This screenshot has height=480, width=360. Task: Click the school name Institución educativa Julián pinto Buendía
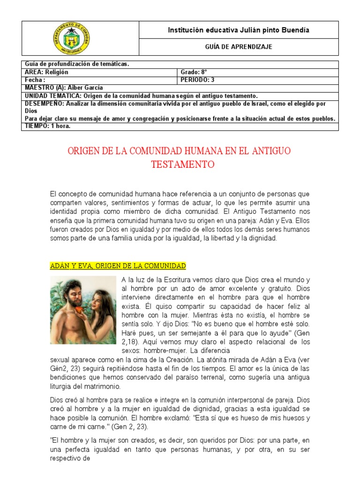pos(239,30)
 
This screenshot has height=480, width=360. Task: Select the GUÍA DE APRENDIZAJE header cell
pos(239,47)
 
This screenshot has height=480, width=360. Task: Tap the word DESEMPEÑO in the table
pos(42,103)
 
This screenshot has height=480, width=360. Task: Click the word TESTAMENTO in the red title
pos(182,165)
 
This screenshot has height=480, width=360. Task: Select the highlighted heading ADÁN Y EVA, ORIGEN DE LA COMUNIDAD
pos(118,266)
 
